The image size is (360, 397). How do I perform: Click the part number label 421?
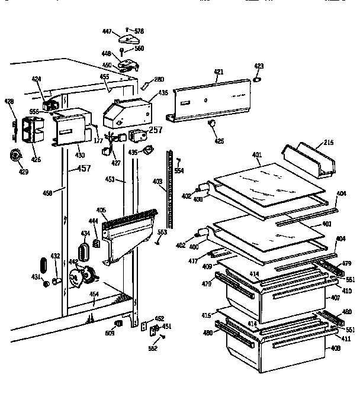click(218, 72)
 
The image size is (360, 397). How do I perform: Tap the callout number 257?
click(155, 130)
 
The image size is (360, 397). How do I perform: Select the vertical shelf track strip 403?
click(172, 189)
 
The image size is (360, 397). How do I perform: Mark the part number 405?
click(102, 210)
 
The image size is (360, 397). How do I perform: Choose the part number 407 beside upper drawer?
click(335, 297)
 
